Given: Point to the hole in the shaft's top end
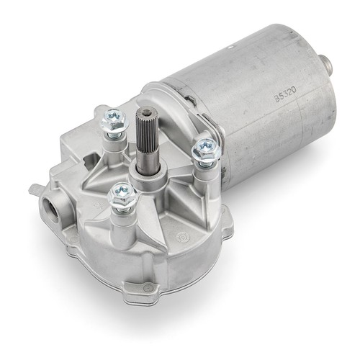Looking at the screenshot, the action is [145, 111].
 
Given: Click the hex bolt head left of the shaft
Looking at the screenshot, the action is [114, 120].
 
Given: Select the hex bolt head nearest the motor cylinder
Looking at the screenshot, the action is [206, 149].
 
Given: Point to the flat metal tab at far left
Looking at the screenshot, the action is [34, 189].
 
